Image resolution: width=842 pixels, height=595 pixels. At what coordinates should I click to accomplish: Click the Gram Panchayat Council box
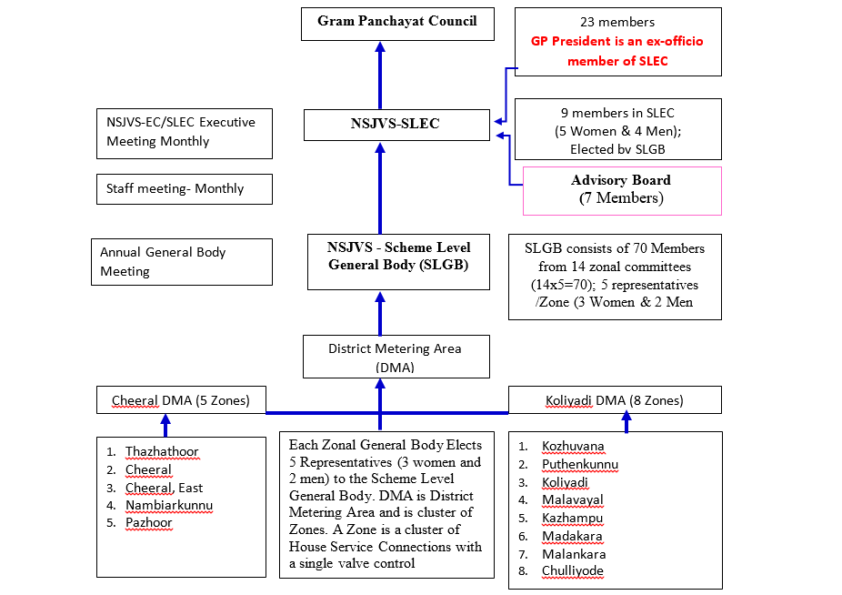pos(397,22)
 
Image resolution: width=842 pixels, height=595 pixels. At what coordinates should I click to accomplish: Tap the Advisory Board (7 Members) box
pos(621,189)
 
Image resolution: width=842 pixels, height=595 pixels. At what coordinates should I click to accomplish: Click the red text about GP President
pos(617,51)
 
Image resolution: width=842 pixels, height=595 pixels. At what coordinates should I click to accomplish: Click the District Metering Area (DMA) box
pos(395,357)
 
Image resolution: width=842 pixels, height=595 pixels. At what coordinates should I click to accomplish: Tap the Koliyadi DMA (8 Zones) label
pos(614,400)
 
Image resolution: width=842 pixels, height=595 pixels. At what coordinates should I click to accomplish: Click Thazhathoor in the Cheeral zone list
pos(162,452)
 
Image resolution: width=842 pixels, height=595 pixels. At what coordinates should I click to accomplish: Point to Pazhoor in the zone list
pos(149,523)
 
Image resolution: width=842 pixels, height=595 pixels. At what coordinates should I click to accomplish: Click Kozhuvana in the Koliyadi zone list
pos(573,447)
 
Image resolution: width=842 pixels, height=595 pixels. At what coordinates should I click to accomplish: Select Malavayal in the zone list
pos(573,500)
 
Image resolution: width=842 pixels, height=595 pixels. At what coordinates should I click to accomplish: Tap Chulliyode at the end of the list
pos(573,571)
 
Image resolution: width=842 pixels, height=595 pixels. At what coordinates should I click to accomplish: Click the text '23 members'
pos(618,22)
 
